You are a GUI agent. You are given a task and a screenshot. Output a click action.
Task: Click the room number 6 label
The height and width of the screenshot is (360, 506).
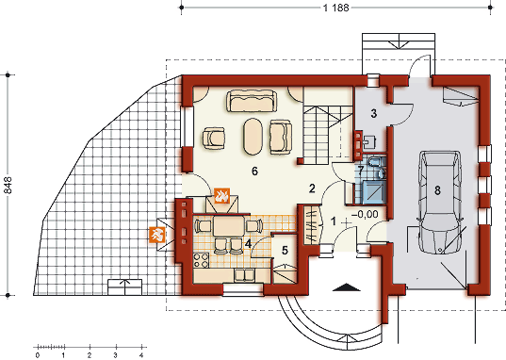point(254,172)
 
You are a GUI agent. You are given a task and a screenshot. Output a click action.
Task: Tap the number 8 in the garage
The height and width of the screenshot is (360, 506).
point(437,190)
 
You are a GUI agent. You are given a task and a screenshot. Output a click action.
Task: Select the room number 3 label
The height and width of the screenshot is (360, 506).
point(374,114)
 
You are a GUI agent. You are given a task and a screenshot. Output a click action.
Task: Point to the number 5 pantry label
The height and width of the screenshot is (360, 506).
point(285,250)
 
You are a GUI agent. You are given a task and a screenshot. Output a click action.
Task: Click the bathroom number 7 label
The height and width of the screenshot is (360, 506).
point(361,170)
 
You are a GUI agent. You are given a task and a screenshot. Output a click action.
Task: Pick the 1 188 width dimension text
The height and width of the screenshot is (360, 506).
point(336,8)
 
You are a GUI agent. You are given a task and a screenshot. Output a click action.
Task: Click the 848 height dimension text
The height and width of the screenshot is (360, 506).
point(8,185)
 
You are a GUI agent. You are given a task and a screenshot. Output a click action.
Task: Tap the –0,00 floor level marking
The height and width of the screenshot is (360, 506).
point(365,214)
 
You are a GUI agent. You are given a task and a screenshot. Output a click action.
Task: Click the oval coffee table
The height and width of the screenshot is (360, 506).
point(253,137)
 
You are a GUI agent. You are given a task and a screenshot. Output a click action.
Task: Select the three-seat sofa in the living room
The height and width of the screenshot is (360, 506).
point(252,101)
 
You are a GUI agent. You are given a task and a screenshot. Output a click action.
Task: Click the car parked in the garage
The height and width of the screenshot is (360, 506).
point(440,203)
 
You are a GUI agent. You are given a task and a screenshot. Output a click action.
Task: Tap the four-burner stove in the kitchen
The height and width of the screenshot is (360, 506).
point(201,260)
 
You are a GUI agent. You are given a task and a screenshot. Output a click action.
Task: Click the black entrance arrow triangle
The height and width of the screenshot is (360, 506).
point(346,287)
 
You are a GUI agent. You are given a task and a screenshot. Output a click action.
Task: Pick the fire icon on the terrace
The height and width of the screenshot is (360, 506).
point(157,235)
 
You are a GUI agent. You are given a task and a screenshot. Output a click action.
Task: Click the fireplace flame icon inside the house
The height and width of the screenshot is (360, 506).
point(222,196)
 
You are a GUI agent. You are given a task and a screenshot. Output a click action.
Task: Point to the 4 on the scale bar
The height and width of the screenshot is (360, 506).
point(141,355)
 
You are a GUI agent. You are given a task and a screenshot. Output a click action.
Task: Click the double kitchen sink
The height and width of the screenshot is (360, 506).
point(244,275)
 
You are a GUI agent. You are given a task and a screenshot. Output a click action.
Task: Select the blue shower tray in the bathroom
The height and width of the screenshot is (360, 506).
point(374,192)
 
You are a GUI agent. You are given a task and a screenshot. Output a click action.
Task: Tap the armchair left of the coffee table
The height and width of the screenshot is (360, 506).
point(214,139)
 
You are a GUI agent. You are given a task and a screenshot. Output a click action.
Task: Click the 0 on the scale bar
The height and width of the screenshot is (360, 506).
point(38,355)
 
